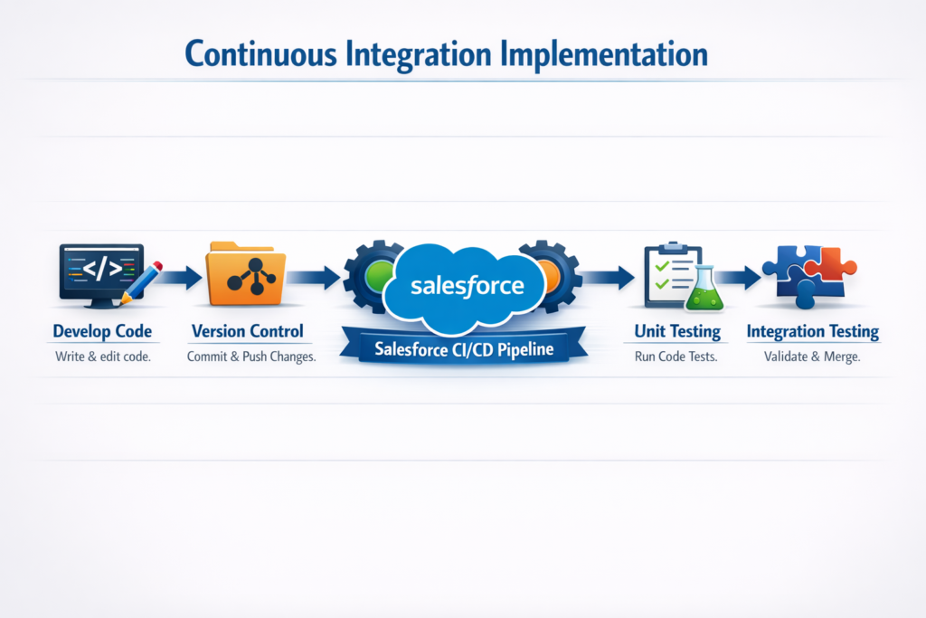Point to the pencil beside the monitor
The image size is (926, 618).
coord(144,281)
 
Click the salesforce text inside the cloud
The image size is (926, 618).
coord(467,286)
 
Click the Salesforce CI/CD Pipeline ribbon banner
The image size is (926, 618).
coord(464,348)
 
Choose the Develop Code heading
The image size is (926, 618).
coord(102,331)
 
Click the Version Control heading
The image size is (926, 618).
coord(247,331)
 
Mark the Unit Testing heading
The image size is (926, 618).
coord(677,331)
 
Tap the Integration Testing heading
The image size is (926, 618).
coord(812,331)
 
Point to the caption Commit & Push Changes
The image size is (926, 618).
coord(250,357)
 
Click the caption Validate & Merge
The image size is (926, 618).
coord(812,357)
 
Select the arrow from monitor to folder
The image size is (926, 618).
coord(181,278)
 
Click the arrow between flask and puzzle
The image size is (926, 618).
coord(740,278)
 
